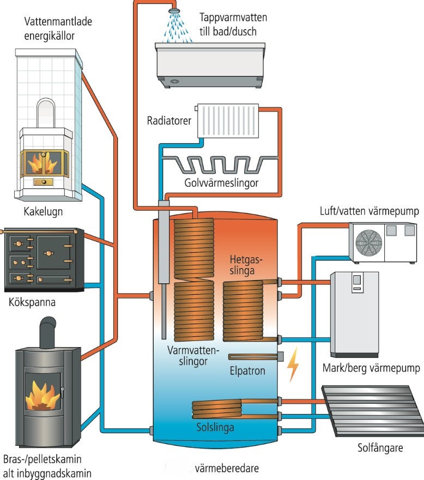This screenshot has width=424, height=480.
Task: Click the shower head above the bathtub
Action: pos(174,10)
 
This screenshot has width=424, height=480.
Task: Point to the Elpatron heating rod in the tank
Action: pos(254,357)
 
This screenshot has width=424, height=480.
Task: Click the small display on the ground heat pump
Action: pos(356,282)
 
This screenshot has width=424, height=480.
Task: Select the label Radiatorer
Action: pos(169,119)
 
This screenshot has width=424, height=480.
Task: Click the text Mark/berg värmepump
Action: pos(371,368)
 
